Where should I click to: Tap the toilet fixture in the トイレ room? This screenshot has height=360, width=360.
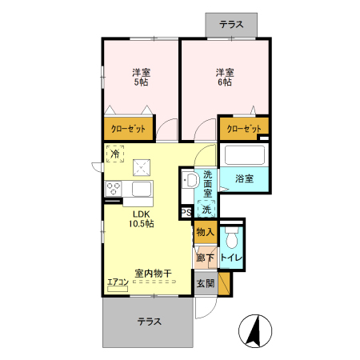point(232,238)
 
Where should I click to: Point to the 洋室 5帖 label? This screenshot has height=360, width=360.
point(141,77)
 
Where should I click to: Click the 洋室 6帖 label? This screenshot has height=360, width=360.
point(223,77)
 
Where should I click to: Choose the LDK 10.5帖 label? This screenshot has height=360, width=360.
point(141,219)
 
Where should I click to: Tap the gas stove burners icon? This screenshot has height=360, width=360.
point(114,190)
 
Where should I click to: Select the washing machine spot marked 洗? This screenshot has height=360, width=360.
point(206,210)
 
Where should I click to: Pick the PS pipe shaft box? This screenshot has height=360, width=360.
point(186,213)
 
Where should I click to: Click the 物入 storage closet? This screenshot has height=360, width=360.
point(205,233)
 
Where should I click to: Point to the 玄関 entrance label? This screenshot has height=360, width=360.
point(205,283)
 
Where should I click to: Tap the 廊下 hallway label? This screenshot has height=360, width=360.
point(205,258)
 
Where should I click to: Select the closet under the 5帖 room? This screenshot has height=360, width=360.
point(128,129)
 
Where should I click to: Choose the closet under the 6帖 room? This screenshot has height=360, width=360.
point(243,128)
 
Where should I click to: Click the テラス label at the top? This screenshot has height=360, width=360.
point(231,25)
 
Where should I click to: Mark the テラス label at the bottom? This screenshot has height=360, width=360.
point(148,322)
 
